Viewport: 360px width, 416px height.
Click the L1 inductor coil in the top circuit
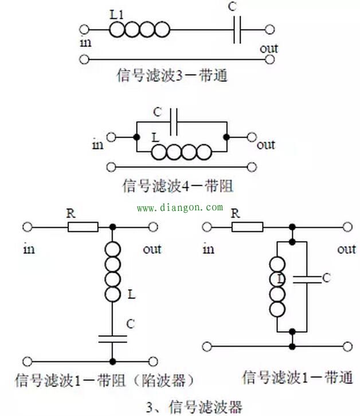click(x=140, y=29)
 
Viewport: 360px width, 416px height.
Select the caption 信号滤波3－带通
click(x=172, y=75)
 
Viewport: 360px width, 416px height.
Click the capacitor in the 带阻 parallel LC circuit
click(x=175, y=122)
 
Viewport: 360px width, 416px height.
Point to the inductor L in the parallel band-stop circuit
click(x=181, y=152)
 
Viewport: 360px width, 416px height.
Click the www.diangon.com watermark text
click(x=179, y=207)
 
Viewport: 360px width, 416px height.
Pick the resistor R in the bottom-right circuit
click(x=248, y=227)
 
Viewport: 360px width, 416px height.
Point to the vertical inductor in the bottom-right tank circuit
click(x=277, y=287)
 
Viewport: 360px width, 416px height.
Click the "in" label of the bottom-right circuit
click(x=208, y=249)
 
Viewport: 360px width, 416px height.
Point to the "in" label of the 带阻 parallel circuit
click(x=97, y=144)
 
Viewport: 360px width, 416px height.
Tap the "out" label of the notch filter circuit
click(x=152, y=249)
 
